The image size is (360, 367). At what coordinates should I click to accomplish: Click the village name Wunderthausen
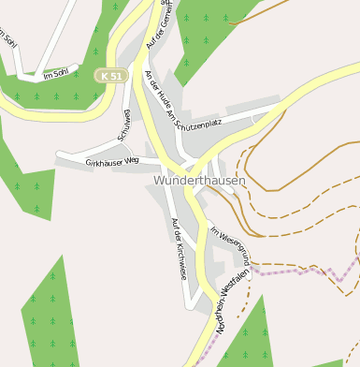[195, 180]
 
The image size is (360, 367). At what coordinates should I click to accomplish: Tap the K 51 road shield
[109, 75]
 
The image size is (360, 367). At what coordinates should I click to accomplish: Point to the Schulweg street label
[124, 125]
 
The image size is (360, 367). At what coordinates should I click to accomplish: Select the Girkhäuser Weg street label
[111, 162]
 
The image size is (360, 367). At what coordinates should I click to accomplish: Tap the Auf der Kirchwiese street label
[179, 248]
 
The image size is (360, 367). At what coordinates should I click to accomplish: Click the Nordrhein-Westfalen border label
[233, 301]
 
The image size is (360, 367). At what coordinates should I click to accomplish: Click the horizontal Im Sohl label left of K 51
[56, 73]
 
